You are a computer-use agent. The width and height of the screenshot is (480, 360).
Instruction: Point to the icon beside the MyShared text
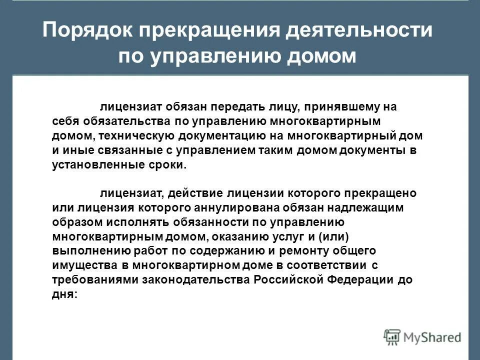click(392, 337)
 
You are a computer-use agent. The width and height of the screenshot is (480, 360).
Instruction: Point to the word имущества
click(78, 265)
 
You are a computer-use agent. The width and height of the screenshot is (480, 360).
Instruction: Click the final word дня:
click(65, 294)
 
